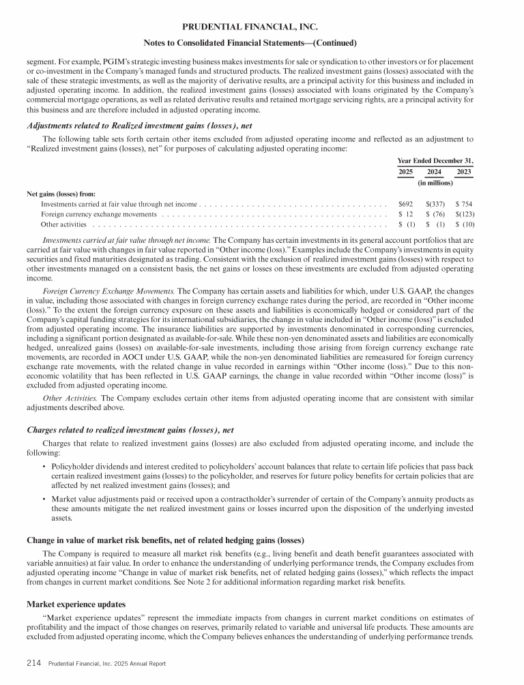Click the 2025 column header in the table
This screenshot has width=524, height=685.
(x=405, y=171)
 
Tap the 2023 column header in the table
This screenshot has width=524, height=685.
(x=464, y=171)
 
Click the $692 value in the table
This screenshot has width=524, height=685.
(x=406, y=203)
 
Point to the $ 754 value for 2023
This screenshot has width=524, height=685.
(x=464, y=203)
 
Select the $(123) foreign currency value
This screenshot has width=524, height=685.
(x=464, y=214)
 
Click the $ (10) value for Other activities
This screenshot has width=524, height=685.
(x=464, y=224)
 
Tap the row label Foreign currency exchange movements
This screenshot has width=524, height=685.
(x=99, y=214)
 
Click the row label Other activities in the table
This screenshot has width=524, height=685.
(x=63, y=224)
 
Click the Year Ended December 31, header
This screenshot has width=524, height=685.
(x=435, y=160)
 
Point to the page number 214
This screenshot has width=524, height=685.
(x=35, y=663)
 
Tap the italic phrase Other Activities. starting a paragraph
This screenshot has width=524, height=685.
(x=65, y=397)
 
